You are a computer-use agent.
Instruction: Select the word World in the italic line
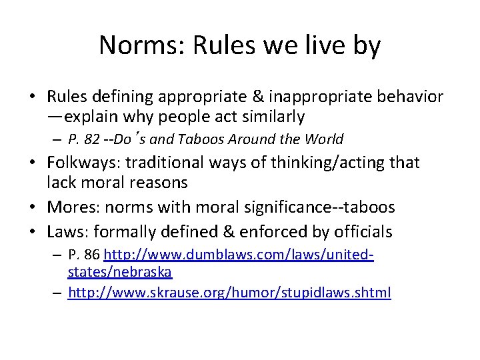click(x=323, y=139)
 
